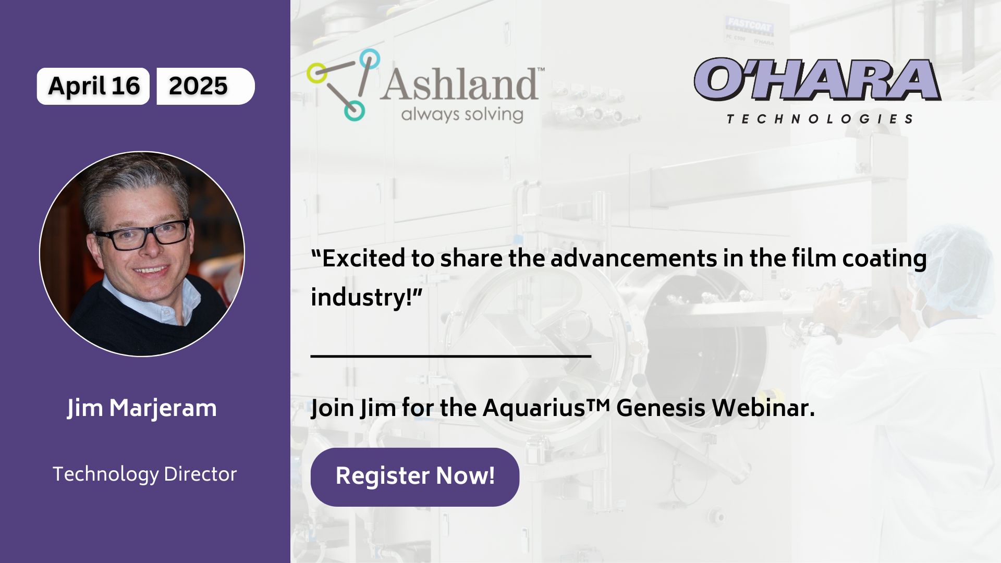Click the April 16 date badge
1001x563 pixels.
point(93,86)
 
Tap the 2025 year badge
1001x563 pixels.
point(205,86)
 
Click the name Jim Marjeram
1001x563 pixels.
point(142,408)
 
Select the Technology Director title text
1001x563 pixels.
point(145,474)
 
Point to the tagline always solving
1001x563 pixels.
point(462,115)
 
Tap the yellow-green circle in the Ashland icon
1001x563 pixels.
point(316,73)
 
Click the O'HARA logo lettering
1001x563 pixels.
point(817,79)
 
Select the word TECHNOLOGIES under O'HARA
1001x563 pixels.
point(820,119)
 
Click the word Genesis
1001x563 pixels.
point(661,408)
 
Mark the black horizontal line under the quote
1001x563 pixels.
point(451,356)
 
